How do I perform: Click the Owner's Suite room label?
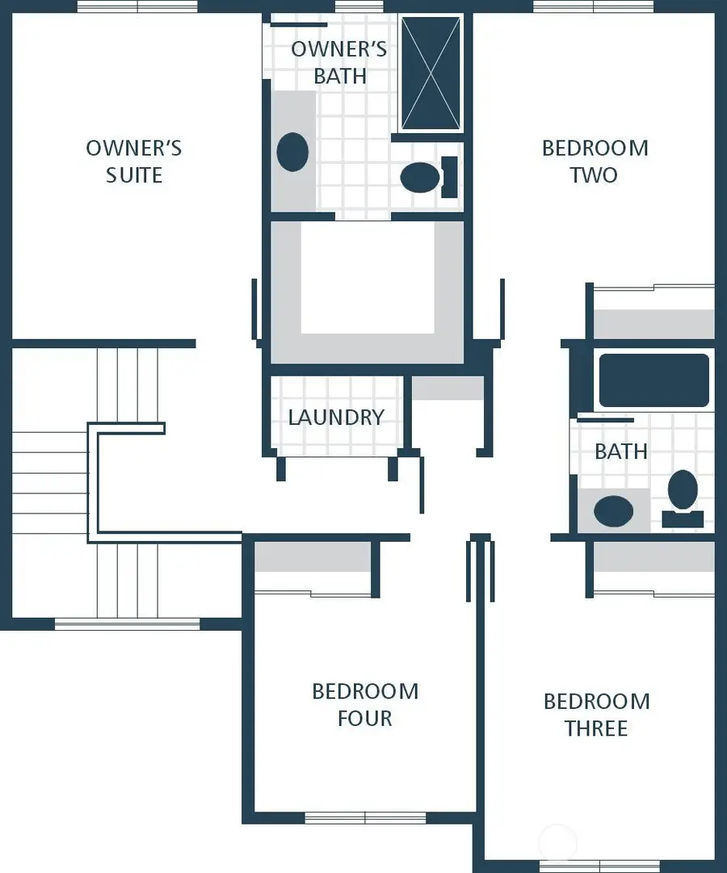134,162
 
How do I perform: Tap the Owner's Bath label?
339,62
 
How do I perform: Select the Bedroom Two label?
595,162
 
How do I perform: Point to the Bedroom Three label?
596,715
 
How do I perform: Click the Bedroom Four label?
365,704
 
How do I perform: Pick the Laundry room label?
336,418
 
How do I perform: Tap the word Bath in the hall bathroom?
621,451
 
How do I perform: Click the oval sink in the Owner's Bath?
292,152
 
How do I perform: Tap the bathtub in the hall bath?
653,380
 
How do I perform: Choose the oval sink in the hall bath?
614,511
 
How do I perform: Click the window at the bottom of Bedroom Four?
365,817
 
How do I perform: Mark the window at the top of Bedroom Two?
594,6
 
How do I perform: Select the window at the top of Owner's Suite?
137,6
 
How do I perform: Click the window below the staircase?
127,623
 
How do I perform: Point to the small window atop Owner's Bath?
359,6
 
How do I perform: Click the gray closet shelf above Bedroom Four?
313,556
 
